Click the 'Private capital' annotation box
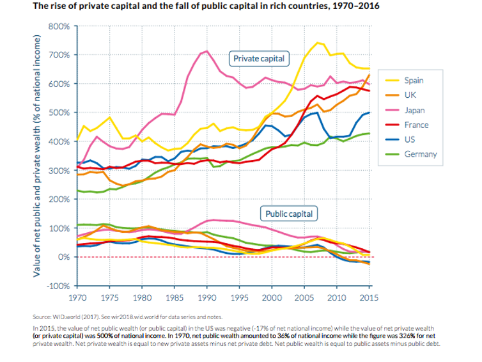(259, 59)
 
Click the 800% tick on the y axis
(59, 26)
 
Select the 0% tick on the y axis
(64, 257)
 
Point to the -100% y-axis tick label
(58, 286)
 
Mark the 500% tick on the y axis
(59, 113)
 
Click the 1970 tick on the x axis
(77, 298)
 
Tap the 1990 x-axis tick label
(206, 298)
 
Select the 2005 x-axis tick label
(304, 298)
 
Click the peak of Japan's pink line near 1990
(207, 51)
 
